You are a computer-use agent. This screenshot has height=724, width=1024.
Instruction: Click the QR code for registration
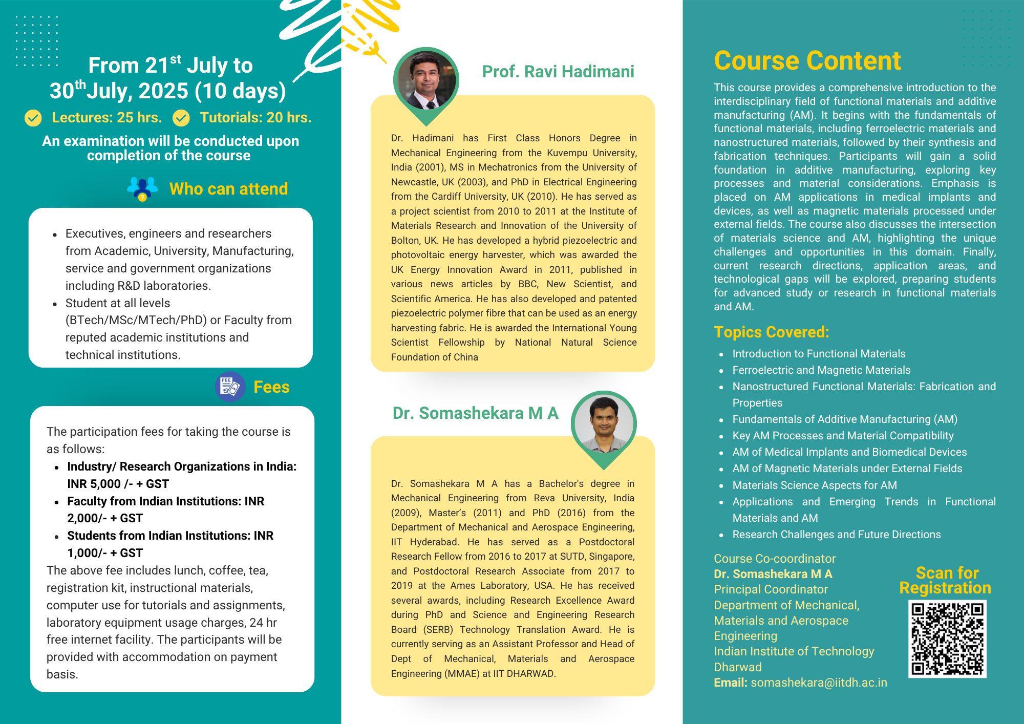coord(947,639)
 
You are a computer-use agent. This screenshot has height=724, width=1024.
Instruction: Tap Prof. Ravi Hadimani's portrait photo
coord(426,81)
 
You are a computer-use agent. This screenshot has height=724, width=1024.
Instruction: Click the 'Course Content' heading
coord(807,61)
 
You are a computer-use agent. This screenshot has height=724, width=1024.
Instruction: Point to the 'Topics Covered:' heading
coord(771,332)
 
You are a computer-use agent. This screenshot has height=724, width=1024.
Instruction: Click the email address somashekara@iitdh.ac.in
coord(819,683)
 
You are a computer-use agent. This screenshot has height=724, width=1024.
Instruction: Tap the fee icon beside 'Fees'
coord(230,387)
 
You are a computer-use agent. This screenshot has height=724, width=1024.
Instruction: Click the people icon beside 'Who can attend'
coord(142,188)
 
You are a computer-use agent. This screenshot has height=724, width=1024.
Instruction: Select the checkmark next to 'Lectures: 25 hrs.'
coord(33,118)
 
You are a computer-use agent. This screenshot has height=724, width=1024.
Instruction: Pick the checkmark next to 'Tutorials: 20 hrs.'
coord(181,118)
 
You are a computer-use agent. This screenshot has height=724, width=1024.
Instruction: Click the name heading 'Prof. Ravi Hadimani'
coord(558,72)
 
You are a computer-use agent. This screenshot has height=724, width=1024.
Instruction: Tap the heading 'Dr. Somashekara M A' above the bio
coord(475,413)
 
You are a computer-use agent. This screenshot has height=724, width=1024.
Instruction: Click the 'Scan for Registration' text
coord(946,580)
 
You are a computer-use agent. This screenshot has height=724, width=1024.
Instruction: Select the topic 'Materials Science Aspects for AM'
coord(814,485)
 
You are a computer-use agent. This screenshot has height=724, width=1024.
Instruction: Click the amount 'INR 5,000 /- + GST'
coord(118,484)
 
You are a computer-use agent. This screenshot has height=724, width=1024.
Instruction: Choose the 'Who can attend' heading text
coord(228,189)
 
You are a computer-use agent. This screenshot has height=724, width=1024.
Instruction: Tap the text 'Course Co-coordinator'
coord(775,559)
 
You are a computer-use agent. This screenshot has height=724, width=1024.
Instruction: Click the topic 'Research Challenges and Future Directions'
coord(836,535)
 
